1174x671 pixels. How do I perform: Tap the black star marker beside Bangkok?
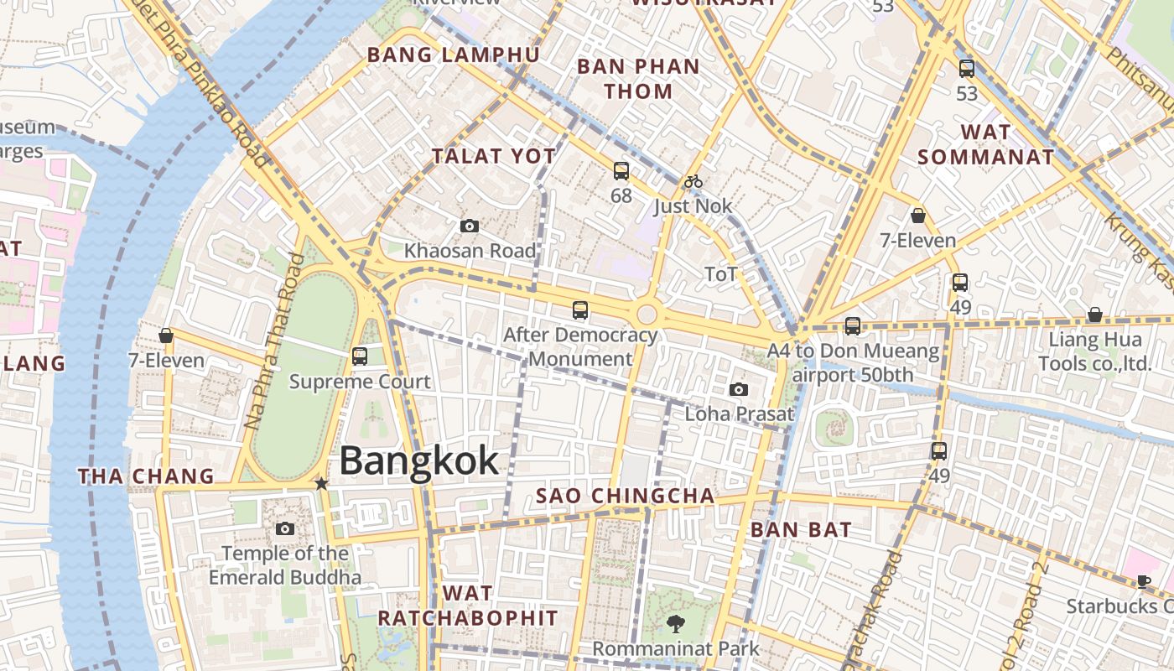(x=321, y=483)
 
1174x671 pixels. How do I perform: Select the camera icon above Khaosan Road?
(x=470, y=226)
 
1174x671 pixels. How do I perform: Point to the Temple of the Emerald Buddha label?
(x=285, y=565)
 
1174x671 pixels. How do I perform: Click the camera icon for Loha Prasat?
(x=739, y=389)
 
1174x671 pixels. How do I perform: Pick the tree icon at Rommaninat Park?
(x=675, y=623)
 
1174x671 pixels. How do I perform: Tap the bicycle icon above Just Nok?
(x=693, y=181)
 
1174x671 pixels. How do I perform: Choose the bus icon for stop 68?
(x=621, y=171)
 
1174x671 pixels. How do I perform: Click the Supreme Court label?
(x=360, y=382)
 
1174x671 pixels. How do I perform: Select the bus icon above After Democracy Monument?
(x=580, y=310)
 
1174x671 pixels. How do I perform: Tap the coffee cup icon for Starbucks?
(x=1144, y=581)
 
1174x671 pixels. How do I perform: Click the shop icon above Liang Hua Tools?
(x=1095, y=315)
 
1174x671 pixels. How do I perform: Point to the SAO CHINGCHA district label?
(x=626, y=496)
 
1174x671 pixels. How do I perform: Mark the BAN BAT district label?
(x=801, y=529)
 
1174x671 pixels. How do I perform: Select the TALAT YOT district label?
(x=494, y=156)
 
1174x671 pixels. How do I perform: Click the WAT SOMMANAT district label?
(x=986, y=144)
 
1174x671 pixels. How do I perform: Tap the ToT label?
(x=721, y=274)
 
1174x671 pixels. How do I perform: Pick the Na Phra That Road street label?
(x=273, y=341)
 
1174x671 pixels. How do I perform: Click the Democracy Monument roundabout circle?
(x=647, y=315)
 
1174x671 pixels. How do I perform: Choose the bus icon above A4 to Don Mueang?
(x=853, y=326)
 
